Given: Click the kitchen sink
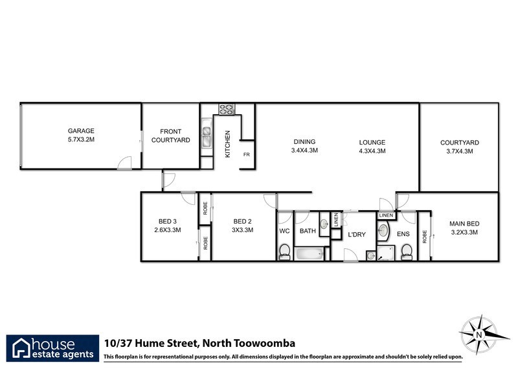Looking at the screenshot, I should tap(207, 136).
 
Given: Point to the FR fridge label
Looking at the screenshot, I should tap(246, 155).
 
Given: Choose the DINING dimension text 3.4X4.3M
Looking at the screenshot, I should tap(304, 150).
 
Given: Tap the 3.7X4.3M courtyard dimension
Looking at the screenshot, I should tap(459, 151).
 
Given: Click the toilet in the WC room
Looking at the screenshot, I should tap(284, 252).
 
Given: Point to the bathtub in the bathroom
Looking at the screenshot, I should tap(311, 253).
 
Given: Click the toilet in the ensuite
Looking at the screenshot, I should tap(407, 251).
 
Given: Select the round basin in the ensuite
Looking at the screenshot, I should tap(383, 231).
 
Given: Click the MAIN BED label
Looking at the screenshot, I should tap(464, 224).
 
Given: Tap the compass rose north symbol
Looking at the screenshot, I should tap(479, 334).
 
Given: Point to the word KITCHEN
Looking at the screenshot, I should tap(227, 145).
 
